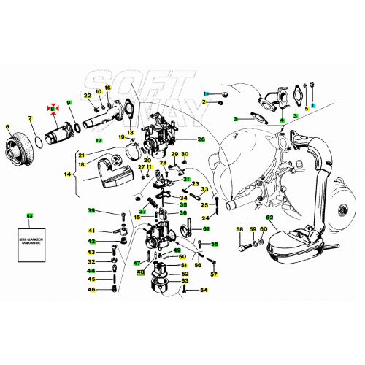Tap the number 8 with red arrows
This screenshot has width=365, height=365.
[53, 108]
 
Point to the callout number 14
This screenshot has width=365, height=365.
[68, 175]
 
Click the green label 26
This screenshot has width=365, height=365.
[201, 139]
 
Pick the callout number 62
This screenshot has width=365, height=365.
[269, 218]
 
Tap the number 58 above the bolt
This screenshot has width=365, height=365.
[239, 230]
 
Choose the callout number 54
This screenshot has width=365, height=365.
[204, 290]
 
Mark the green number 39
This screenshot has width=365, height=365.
[91, 211]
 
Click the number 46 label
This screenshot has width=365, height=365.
[91, 290]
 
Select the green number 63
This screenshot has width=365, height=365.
[30, 216]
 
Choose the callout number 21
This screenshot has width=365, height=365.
[82, 155]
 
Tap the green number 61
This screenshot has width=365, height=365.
[207, 228]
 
